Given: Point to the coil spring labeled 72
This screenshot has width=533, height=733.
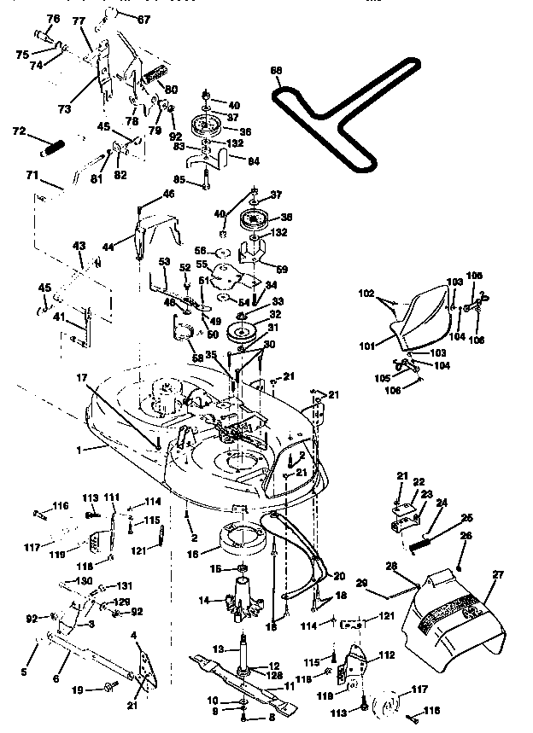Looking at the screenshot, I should pyautogui.click(x=54, y=148).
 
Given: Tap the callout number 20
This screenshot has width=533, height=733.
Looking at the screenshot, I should pyautogui.click(x=339, y=575).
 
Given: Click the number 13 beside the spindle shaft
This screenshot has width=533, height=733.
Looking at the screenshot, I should pyautogui.click(x=217, y=648).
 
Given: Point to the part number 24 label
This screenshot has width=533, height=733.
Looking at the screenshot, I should pyautogui.click(x=441, y=503).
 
